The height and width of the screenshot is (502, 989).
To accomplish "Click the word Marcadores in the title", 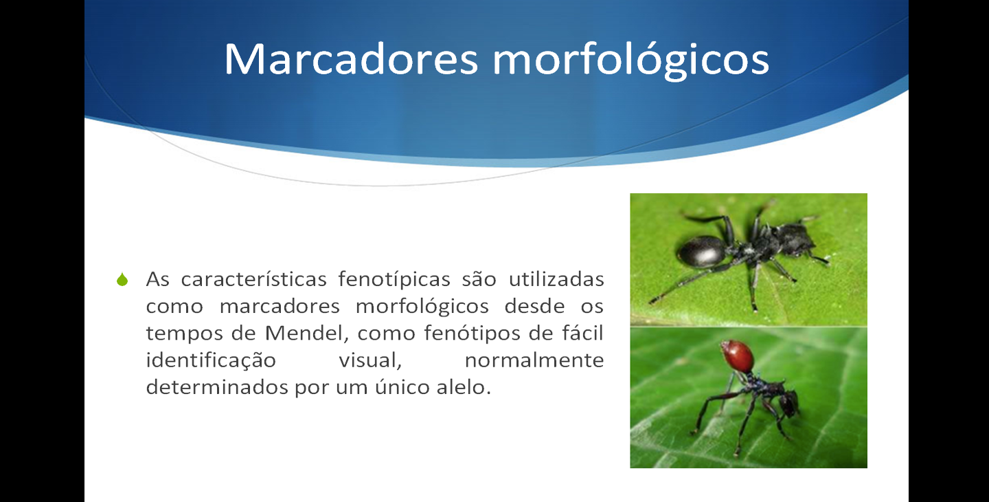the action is point(351,59).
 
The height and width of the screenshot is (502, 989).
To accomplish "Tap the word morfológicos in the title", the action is point(631,61).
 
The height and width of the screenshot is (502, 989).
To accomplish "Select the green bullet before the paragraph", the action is point(122,279).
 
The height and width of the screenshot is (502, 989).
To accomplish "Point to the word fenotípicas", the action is point(394,279).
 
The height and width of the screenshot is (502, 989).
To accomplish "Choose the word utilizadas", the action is point(556,279).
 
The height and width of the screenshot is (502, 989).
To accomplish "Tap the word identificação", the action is point(211,360).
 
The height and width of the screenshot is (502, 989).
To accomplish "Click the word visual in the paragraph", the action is point(370,360).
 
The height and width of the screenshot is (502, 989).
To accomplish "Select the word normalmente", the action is point(534,360).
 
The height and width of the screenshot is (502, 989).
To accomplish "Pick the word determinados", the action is point(216,388).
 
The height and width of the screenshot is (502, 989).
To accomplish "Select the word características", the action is point(254,279).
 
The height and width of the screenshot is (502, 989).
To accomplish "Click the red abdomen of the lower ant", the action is point(737,356).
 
